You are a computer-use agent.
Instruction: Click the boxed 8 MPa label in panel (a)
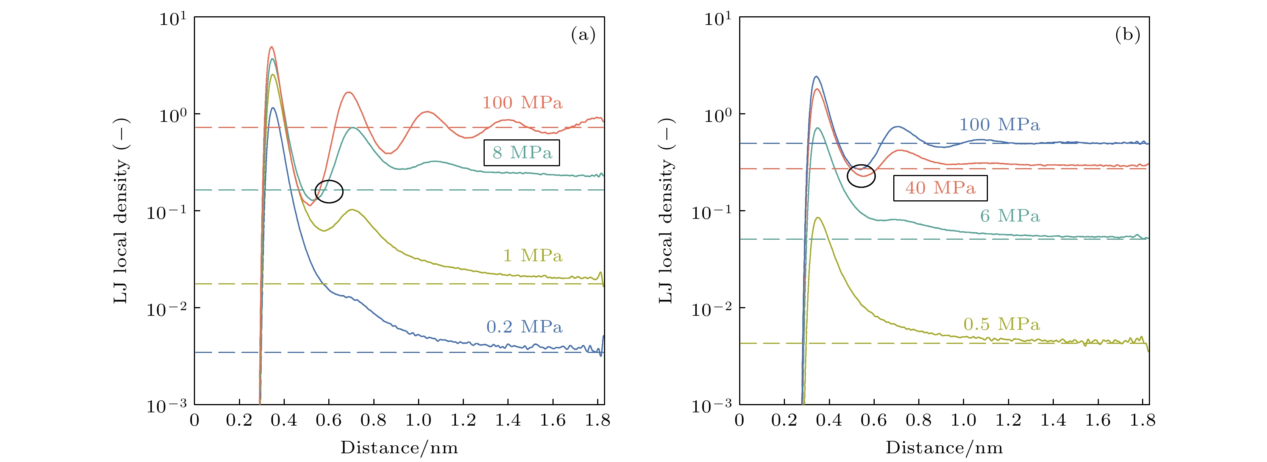coord(521,153)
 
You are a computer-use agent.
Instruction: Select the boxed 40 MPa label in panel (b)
coord(940,188)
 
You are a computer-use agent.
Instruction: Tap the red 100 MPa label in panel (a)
coord(522,103)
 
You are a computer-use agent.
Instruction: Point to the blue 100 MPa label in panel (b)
coord(999,125)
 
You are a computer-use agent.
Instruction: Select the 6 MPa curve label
coord(1010,216)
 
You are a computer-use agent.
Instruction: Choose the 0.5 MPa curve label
coord(1002,324)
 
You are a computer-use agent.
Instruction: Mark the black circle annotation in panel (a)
coord(329,191)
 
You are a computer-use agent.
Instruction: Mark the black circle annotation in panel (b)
coord(861,176)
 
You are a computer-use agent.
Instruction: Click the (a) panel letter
coord(583,35)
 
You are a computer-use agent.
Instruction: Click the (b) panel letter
coord(1127,35)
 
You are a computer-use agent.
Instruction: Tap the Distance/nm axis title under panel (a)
coord(399,448)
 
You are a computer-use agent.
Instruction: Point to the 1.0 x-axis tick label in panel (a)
coord(418,421)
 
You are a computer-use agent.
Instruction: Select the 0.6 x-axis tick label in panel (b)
coord(874,421)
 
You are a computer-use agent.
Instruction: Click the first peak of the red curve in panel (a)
coord(271,47)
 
